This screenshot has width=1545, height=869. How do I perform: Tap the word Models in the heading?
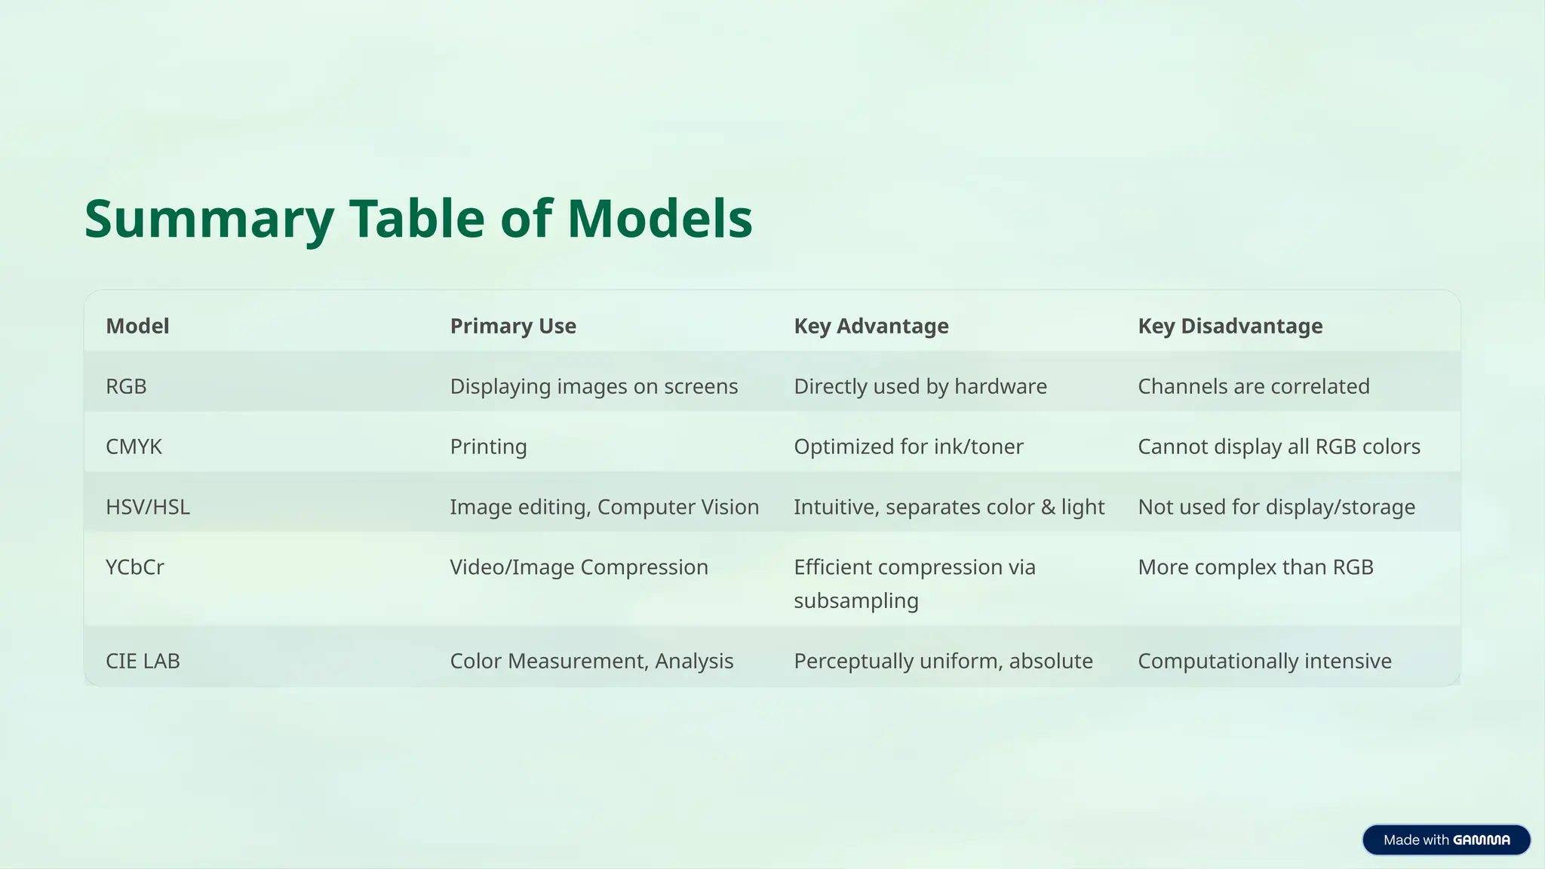tap(659, 220)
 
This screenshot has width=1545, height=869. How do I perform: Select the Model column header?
tap(137, 326)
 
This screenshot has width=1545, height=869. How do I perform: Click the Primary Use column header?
tap(513, 326)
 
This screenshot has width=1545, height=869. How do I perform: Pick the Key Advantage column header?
tap(871, 326)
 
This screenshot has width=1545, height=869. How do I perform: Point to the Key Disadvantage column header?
tap(1230, 326)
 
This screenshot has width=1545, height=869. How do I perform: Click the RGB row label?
tap(126, 386)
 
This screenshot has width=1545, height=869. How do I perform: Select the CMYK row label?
tap(134, 447)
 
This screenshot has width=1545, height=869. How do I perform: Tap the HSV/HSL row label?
tap(148, 507)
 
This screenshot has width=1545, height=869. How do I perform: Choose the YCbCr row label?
tap(135, 567)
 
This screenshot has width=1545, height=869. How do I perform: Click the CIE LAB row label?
tap(143, 661)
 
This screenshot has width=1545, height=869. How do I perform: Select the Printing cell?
tap(488, 447)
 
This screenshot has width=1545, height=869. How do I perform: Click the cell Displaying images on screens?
tap(594, 386)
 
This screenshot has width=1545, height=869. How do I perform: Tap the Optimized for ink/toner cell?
tap(908, 447)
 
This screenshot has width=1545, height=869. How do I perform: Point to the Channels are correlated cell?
tap(1253, 386)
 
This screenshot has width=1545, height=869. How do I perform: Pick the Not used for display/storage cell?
tap(1276, 507)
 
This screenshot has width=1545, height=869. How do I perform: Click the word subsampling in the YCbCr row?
tap(856, 601)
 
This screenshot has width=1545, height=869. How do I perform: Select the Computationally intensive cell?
tap(1264, 661)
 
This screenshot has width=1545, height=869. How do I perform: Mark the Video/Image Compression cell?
tap(579, 567)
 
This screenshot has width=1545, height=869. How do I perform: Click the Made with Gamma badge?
tap(1446, 840)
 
